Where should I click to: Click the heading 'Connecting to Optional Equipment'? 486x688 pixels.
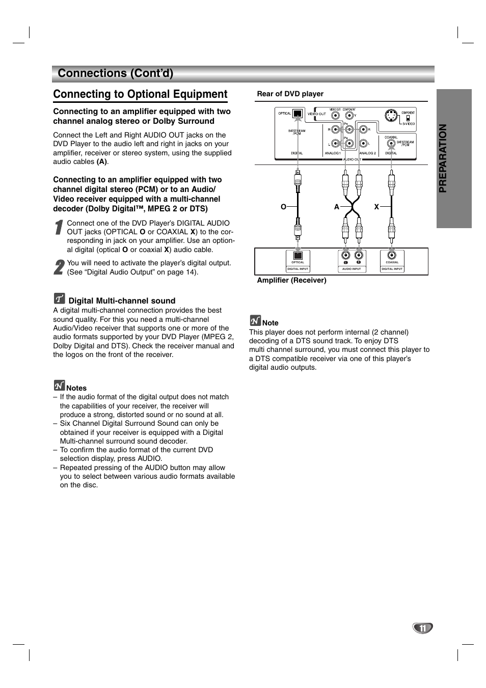click(x=140, y=94)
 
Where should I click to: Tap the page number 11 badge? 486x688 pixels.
click(x=422, y=628)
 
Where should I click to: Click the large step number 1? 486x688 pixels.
click(x=59, y=228)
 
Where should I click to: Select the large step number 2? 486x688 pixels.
click(x=59, y=267)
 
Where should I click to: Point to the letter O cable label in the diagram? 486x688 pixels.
click(x=284, y=207)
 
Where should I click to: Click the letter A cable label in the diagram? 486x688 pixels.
click(x=337, y=207)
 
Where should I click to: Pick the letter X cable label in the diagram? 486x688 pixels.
click(x=377, y=207)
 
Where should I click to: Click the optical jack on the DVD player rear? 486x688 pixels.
click(x=298, y=114)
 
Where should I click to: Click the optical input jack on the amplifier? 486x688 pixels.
click(x=298, y=256)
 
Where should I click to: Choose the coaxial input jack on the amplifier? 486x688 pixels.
click(x=392, y=255)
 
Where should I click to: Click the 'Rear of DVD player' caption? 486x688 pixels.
click(x=290, y=94)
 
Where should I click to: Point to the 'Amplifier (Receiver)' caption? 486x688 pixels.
click(x=291, y=280)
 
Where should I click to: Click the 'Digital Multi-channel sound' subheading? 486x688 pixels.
click(x=122, y=301)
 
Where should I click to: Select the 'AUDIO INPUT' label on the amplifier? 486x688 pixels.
click(x=352, y=269)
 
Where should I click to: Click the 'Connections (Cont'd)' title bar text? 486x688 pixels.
click(x=116, y=73)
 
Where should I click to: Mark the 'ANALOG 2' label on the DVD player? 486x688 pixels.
click(x=367, y=153)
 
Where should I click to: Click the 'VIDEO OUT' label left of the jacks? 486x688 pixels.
click(x=317, y=114)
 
